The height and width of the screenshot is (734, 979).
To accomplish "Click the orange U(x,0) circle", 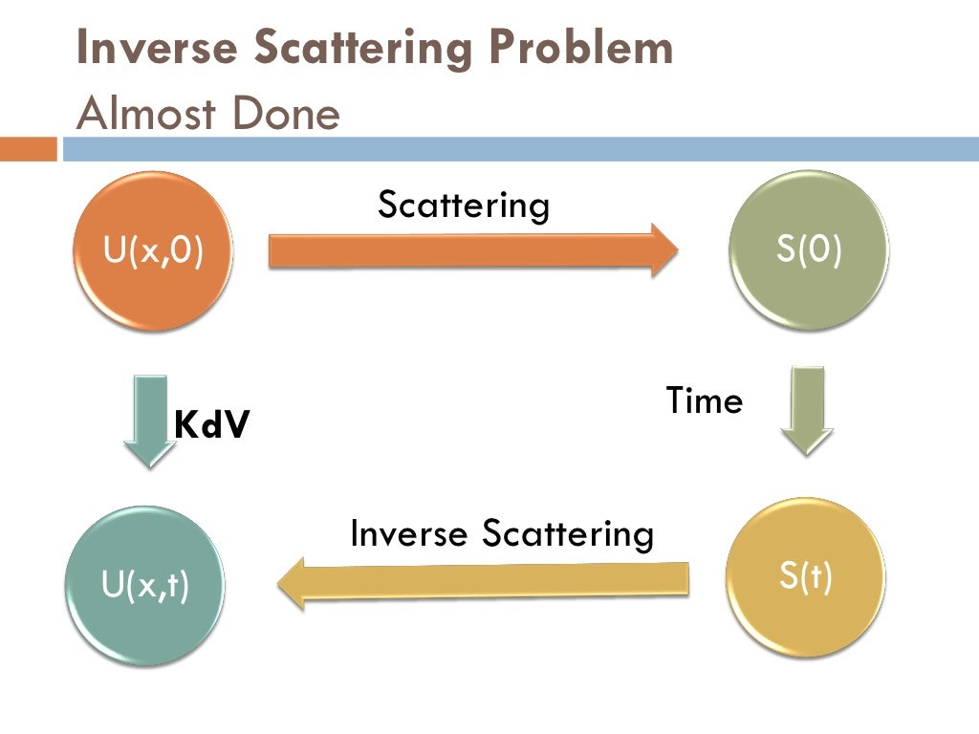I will point(154,251).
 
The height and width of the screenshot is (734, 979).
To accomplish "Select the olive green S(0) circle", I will point(809,250).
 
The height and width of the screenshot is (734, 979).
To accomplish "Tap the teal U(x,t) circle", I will point(145,584).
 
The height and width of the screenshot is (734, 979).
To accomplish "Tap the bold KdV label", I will point(211,424).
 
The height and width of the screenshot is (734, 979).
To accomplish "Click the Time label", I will point(704,400).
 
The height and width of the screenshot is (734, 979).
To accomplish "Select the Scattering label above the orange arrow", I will point(464,205).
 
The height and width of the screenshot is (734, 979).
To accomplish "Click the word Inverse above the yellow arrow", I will point(408,533).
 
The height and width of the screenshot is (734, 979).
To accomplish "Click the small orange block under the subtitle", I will point(29,150).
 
